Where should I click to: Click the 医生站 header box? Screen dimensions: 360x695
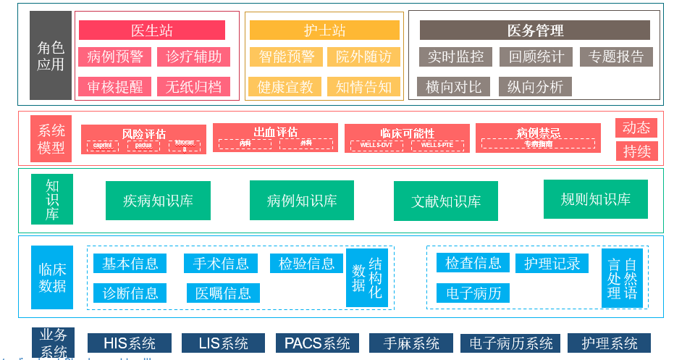point(151,30)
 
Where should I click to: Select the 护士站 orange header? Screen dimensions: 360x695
point(324,30)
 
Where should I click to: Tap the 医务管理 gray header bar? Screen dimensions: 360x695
point(534,30)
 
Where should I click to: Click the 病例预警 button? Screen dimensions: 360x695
point(115,56)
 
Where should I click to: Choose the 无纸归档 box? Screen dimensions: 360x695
point(193,87)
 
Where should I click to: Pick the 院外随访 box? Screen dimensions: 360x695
point(363,56)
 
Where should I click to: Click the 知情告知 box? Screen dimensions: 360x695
point(363,87)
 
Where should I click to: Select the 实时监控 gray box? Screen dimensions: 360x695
point(455,56)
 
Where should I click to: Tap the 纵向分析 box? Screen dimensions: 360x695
point(535,87)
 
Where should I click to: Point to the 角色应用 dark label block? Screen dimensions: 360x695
point(51,56)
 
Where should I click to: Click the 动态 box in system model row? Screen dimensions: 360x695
point(636,127)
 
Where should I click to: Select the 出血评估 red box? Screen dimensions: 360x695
point(275,138)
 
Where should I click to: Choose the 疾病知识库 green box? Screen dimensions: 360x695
point(158,201)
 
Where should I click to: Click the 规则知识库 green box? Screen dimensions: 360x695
point(595,199)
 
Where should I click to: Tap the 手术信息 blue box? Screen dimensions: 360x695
point(220,264)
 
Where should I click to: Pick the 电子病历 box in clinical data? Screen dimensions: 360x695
point(473,293)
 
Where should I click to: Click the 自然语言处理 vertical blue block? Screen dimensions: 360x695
point(622,278)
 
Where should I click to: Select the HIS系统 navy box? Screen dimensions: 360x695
point(130,343)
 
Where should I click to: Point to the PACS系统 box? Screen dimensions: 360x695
point(317,343)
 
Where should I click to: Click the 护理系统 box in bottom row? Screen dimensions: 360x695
point(609,343)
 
